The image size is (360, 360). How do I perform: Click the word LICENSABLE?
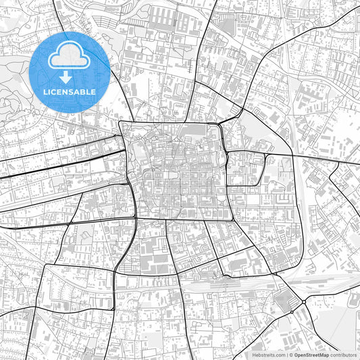point(70,92)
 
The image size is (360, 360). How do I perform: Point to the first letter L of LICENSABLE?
point(45,92)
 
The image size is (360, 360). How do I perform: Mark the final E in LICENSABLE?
point(93,92)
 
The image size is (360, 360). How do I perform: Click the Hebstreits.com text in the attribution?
point(269,354)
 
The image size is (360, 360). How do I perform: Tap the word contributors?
point(344,354)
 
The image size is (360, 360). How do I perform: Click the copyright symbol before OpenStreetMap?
point(291,354)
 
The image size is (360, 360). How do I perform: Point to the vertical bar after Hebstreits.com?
point(286,354)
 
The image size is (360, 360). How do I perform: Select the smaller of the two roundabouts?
point(291,312)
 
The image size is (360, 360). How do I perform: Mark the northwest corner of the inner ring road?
point(120,122)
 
